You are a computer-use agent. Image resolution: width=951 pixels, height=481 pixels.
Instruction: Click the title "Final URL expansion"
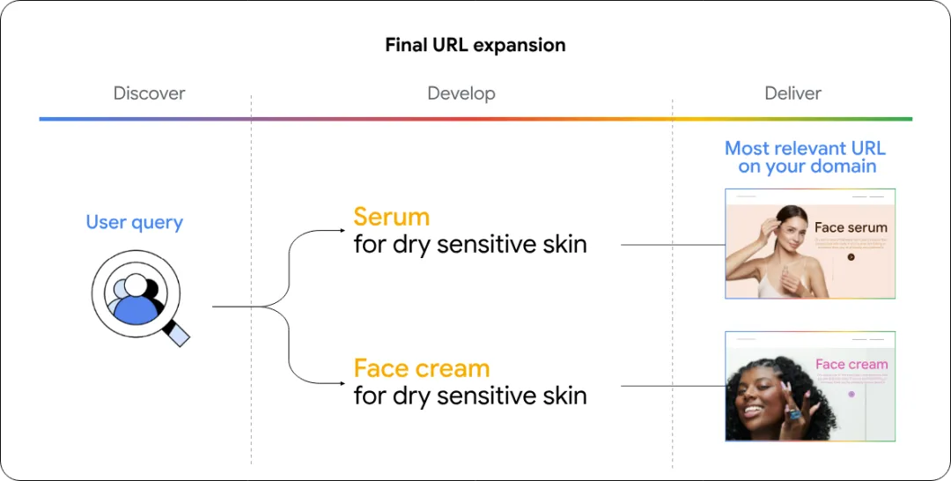click(x=475, y=45)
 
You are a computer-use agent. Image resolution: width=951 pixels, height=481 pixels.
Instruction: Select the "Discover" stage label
click(x=149, y=93)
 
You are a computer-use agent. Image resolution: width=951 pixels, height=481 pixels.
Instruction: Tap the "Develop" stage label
click(x=461, y=93)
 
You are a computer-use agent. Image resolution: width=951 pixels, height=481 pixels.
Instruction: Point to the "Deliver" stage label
click(x=792, y=93)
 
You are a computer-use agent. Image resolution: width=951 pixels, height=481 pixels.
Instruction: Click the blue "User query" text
click(x=134, y=222)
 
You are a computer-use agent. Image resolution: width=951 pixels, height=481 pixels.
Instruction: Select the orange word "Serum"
click(x=391, y=217)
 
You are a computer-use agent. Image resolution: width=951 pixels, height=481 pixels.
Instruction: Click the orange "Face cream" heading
click(x=421, y=368)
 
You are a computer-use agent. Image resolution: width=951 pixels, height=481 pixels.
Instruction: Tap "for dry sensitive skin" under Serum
click(x=469, y=244)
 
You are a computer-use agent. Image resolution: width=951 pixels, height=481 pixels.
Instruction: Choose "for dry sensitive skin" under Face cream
click(x=469, y=396)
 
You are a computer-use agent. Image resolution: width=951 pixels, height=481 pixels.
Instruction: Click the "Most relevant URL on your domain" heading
click(x=805, y=157)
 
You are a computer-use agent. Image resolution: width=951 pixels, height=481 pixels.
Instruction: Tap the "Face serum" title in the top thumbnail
click(x=850, y=227)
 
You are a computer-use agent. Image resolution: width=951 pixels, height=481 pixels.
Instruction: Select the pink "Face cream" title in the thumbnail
click(x=851, y=364)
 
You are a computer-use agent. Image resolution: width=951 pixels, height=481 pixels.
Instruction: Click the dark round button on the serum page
click(x=851, y=257)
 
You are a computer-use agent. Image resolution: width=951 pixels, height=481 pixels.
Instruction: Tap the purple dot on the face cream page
click(x=851, y=394)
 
